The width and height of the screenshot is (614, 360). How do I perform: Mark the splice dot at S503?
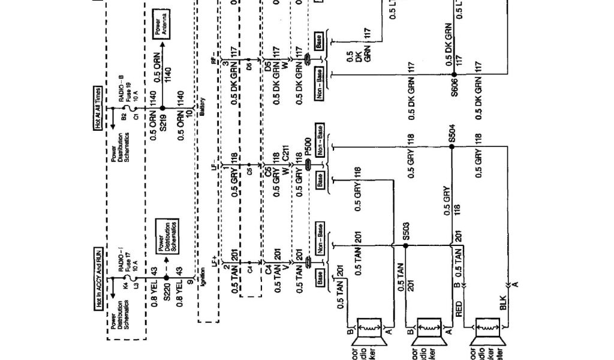[x=392, y=245]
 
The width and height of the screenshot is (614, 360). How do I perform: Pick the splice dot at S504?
[x=451, y=146]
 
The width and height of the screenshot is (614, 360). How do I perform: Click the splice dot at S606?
[x=451, y=75]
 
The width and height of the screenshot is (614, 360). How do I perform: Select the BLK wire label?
[x=503, y=305]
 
